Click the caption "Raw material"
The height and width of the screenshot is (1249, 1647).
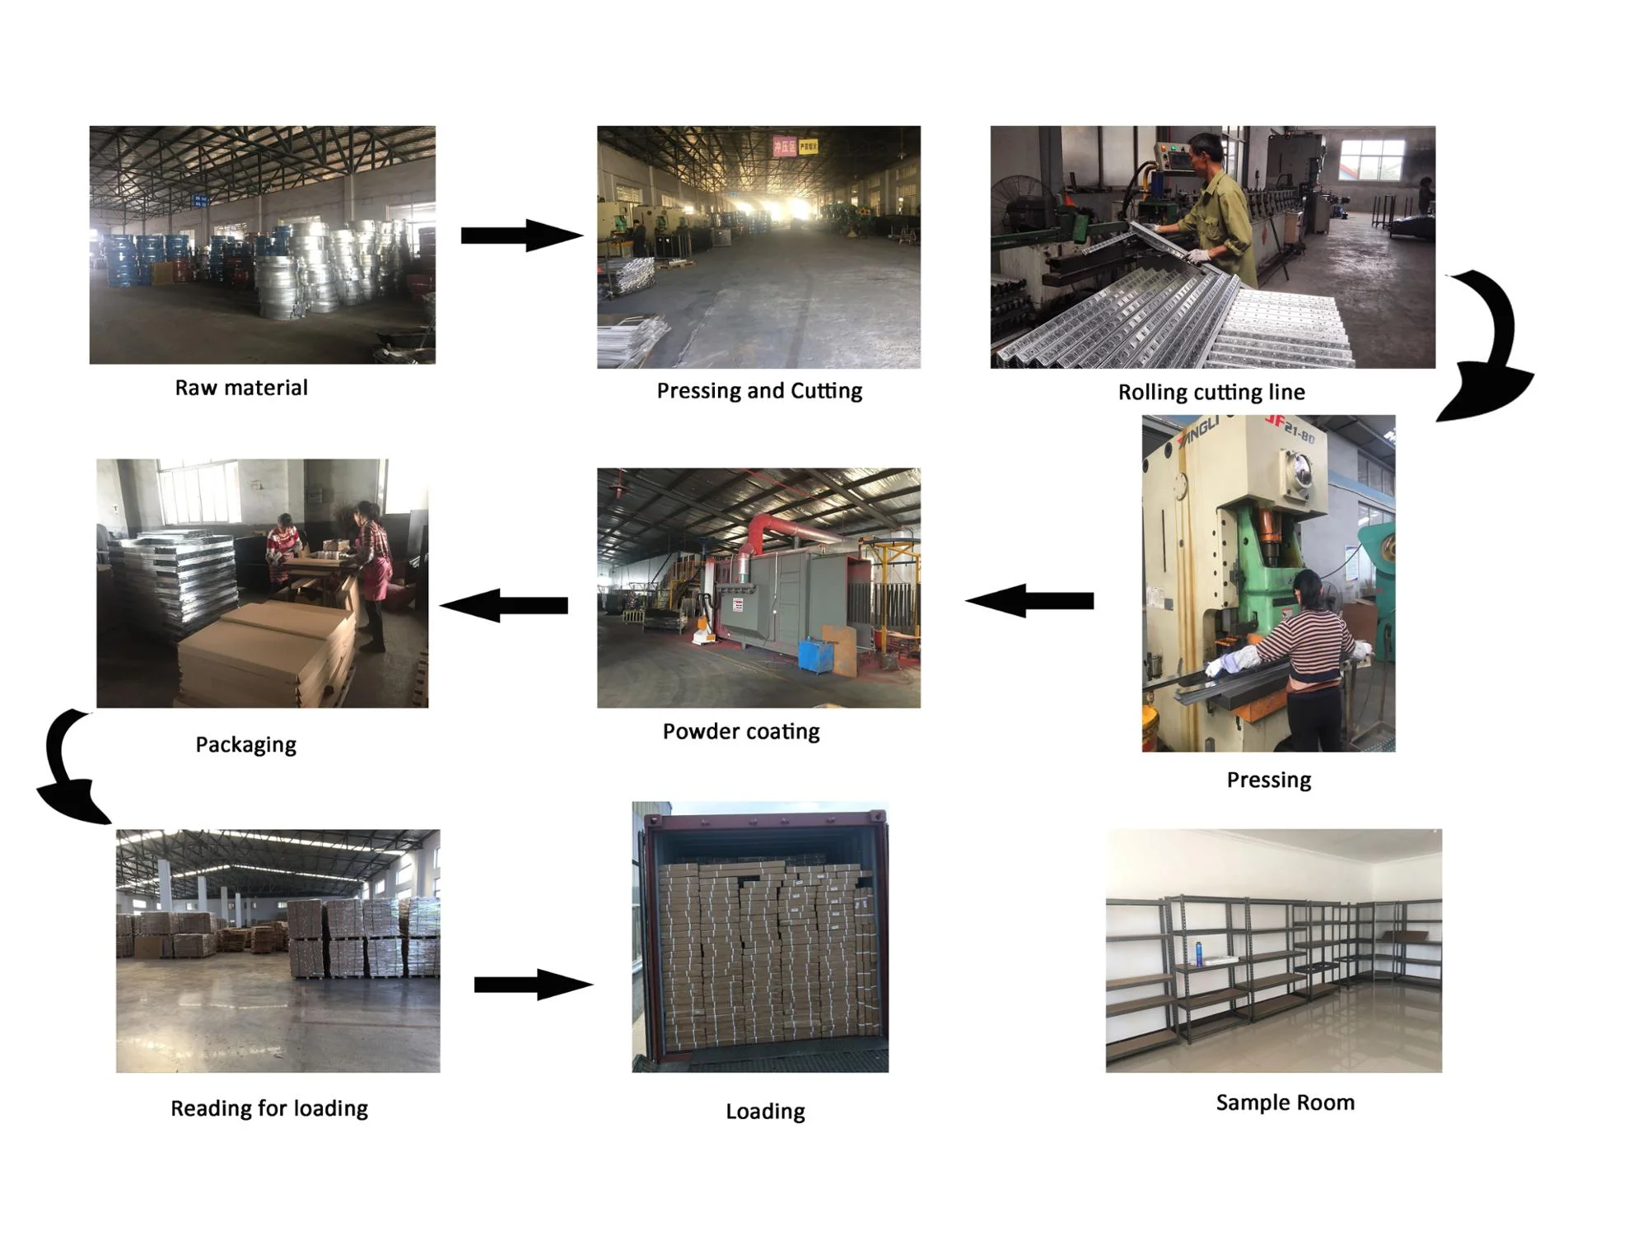click(240, 388)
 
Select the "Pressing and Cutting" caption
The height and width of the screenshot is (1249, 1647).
click(758, 390)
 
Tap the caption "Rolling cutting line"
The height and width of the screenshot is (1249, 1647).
click(1211, 392)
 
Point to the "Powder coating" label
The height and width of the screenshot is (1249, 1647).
click(740, 731)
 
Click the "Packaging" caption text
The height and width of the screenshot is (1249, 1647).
click(245, 744)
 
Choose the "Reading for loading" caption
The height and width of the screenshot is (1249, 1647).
click(268, 1108)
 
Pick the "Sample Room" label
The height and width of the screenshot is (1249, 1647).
click(1285, 1102)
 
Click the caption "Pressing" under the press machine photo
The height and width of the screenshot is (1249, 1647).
click(1268, 780)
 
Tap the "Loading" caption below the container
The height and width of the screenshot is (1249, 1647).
click(765, 1112)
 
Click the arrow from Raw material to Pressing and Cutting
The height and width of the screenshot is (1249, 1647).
click(521, 235)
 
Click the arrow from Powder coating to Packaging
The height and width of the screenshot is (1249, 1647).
click(504, 606)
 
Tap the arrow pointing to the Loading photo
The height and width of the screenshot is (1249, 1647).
click(533, 985)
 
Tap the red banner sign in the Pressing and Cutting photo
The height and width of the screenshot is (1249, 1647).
click(784, 147)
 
